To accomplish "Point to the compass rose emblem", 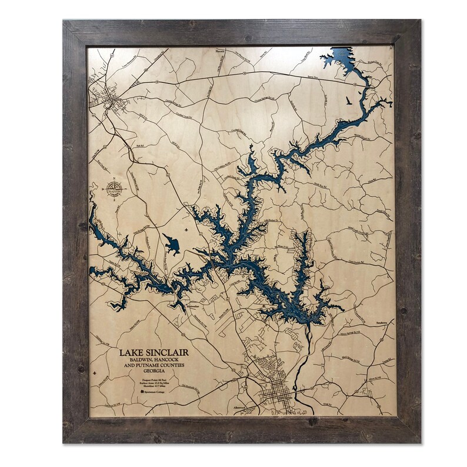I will coord(112,190).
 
